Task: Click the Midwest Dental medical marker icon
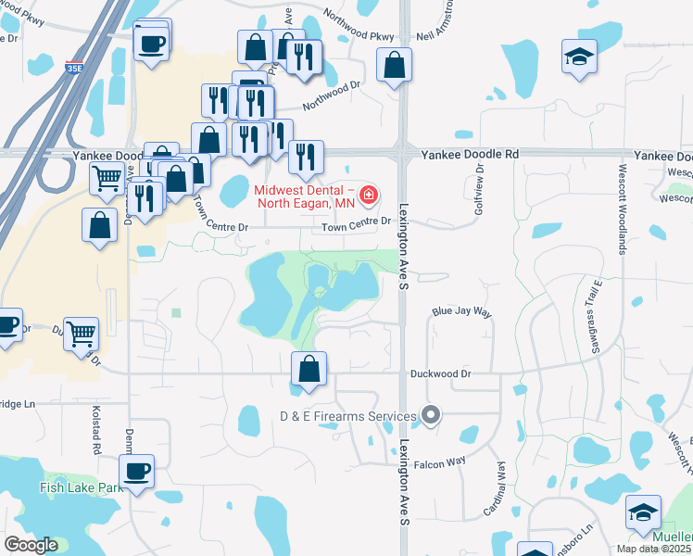(369, 195)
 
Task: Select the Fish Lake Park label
(82, 487)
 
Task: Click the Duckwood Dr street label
(441, 373)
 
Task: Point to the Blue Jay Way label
(461, 312)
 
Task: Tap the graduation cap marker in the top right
(579, 57)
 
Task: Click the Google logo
(31, 545)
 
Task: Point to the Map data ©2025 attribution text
(654, 549)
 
